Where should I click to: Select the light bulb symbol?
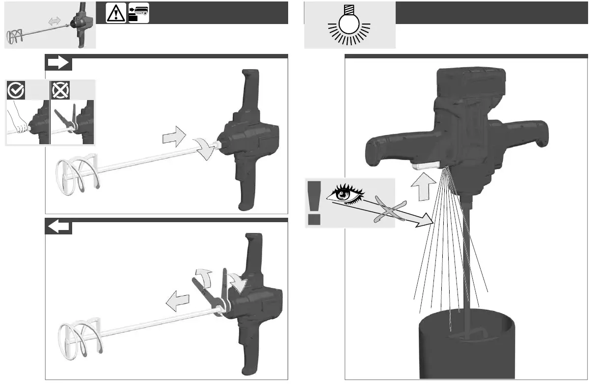point(350,26)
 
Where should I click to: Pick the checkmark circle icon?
point(15,90)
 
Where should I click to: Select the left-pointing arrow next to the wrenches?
point(177,300)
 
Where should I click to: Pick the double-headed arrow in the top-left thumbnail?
point(54,21)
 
